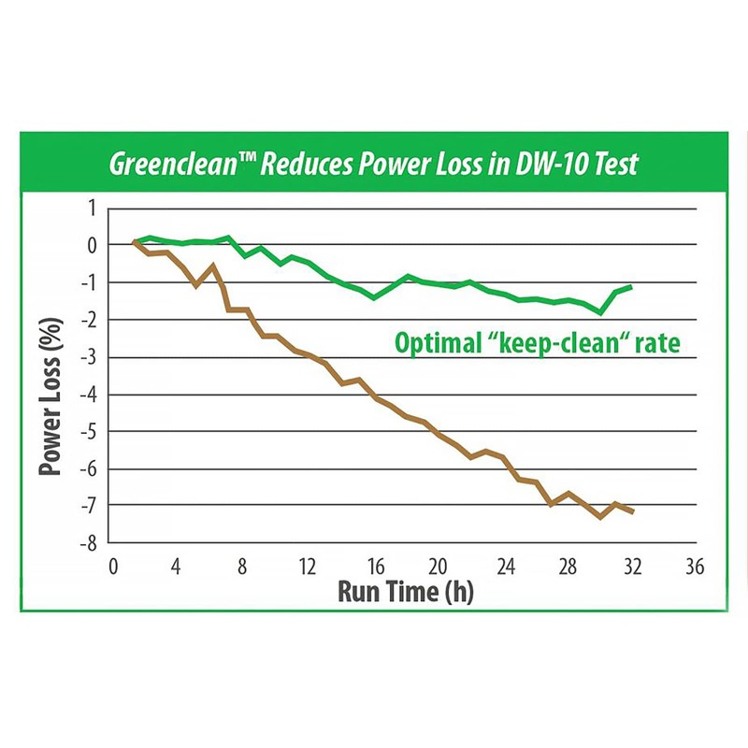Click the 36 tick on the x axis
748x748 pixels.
tap(694, 568)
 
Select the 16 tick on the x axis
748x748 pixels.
tap(372, 568)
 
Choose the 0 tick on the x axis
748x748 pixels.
tap(114, 568)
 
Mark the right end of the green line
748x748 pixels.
tap(632, 286)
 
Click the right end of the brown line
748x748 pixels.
tap(633, 511)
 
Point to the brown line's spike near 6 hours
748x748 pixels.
tap(213, 266)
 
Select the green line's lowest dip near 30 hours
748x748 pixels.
tap(601, 312)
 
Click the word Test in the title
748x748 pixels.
tap(611, 165)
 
